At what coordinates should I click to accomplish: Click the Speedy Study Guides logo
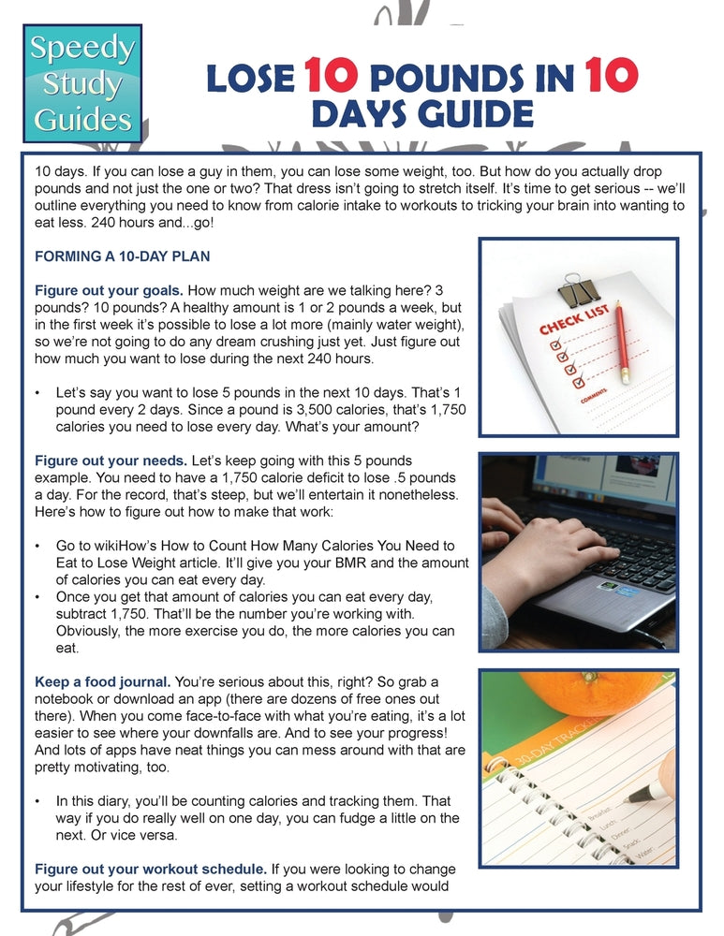coord(82,82)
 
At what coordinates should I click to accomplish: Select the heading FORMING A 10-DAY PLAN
coord(122,256)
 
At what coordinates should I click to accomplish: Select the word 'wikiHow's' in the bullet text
coord(112,546)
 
